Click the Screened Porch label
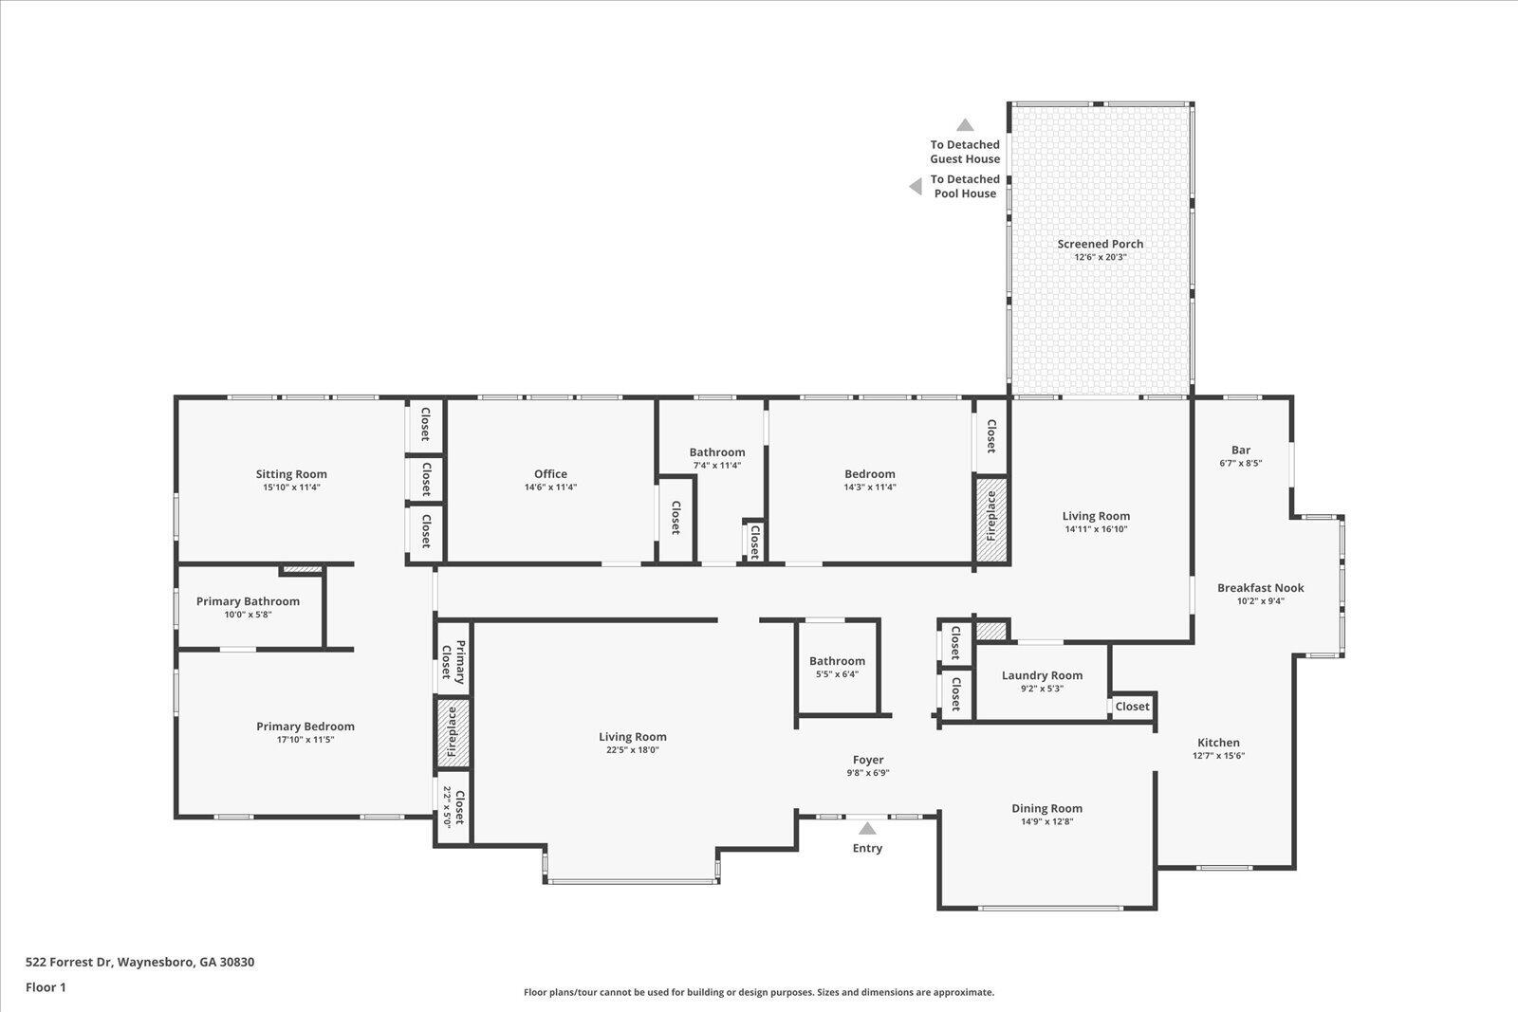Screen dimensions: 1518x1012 (x=1100, y=244)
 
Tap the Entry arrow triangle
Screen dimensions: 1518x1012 (x=867, y=828)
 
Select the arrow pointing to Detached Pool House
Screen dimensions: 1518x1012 (x=916, y=186)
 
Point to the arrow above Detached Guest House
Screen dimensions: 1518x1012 (x=965, y=124)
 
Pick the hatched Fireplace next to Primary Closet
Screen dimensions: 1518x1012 (x=453, y=733)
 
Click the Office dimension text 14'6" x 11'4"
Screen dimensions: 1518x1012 (x=550, y=488)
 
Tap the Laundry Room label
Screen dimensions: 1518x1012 (x=1043, y=675)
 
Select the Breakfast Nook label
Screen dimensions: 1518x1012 (x=1261, y=588)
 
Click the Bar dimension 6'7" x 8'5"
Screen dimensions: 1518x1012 (x=1240, y=464)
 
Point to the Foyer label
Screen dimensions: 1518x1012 (x=868, y=760)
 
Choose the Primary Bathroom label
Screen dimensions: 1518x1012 (x=248, y=601)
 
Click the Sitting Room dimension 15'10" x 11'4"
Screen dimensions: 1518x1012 (x=291, y=488)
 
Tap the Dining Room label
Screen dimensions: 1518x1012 (x=1047, y=808)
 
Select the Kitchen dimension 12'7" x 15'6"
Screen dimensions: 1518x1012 (x=1218, y=756)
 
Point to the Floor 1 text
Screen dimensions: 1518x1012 (x=46, y=987)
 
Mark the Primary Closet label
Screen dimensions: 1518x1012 (x=453, y=662)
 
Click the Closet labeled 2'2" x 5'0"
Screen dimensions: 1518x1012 (x=453, y=807)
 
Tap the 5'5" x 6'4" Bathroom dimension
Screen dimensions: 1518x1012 (x=837, y=674)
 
